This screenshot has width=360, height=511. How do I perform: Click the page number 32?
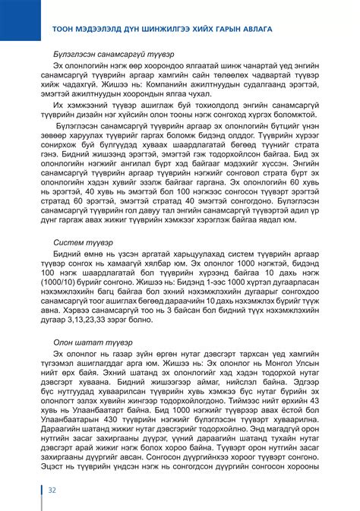tap(53, 490)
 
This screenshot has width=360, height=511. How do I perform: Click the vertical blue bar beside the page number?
tap(42, 490)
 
